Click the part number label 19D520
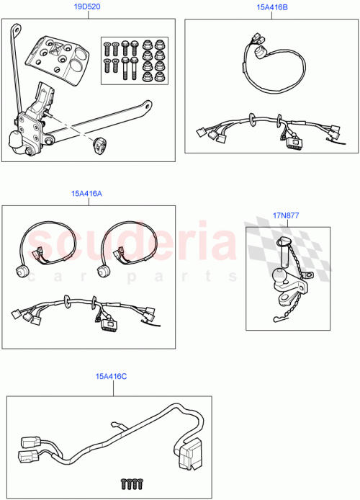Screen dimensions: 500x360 pyautogui.click(x=89, y=6)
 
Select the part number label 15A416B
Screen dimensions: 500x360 pyautogui.click(x=271, y=6)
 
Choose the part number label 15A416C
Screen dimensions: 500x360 pyautogui.click(x=109, y=376)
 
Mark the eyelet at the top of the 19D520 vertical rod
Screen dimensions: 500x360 pyautogui.click(x=14, y=28)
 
